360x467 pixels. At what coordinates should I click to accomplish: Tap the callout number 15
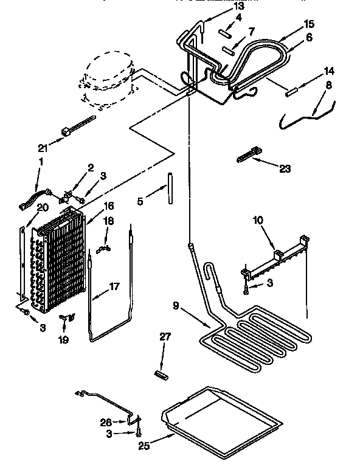[310, 24]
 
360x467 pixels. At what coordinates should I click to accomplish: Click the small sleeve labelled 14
[291, 92]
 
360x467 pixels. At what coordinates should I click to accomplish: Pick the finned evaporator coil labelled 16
[58, 261]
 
